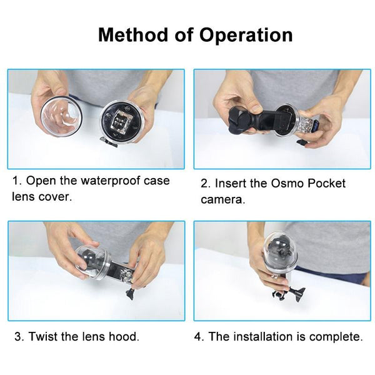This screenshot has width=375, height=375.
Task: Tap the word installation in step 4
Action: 265,336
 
